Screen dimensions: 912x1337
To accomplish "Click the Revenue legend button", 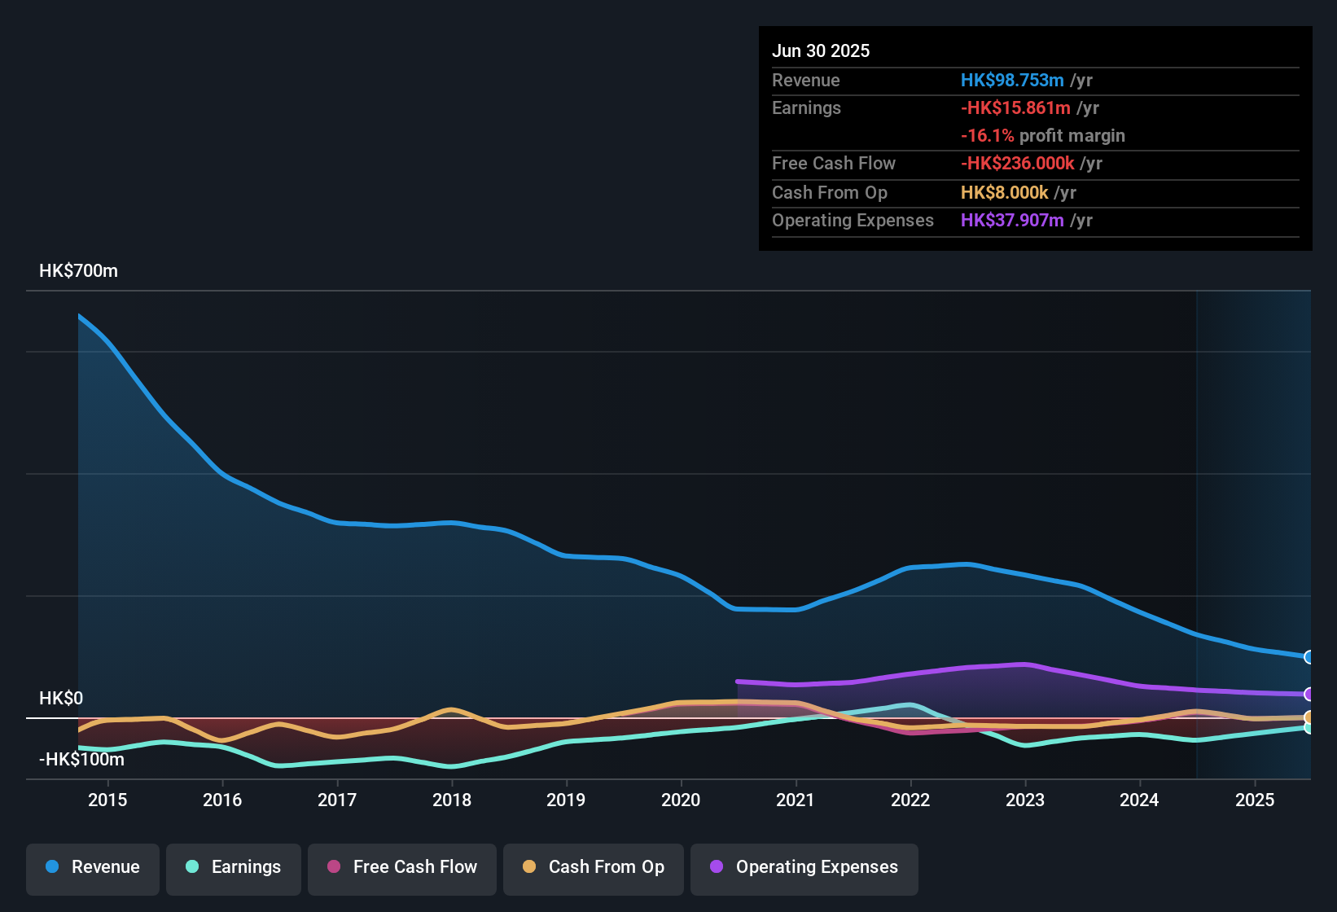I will click(x=93, y=867).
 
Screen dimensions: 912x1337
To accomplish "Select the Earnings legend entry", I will click(x=234, y=867).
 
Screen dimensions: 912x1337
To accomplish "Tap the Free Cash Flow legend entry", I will click(x=402, y=867).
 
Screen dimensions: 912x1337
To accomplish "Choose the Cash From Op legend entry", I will click(x=594, y=867).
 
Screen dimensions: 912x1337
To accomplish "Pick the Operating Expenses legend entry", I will click(x=804, y=867).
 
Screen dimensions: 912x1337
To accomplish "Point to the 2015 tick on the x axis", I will click(x=107, y=800).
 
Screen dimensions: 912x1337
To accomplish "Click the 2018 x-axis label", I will click(x=452, y=800).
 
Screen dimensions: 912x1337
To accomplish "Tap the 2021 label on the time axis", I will click(x=796, y=800).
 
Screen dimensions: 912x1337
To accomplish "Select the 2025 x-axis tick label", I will click(x=1255, y=800).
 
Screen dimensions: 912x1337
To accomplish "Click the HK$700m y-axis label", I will click(x=78, y=271).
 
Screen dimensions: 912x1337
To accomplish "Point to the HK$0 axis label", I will click(x=61, y=699).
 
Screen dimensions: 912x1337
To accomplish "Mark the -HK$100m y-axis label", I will click(x=81, y=760).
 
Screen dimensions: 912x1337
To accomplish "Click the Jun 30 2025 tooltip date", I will click(x=821, y=51).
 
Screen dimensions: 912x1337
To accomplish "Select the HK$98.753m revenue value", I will click(x=1012, y=81).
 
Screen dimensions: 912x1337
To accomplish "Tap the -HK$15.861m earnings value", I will click(x=1015, y=108).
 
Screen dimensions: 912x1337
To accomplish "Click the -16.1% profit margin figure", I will click(x=987, y=136).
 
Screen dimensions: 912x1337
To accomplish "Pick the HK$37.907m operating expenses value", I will click(x=1012, y=221).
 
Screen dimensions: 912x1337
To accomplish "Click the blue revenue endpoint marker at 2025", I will click(x=1309, y=657).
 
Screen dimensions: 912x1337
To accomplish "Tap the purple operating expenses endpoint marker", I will click(x=1309, y=695).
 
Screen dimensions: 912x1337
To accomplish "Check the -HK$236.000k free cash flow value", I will click(x=1017, y=164).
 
